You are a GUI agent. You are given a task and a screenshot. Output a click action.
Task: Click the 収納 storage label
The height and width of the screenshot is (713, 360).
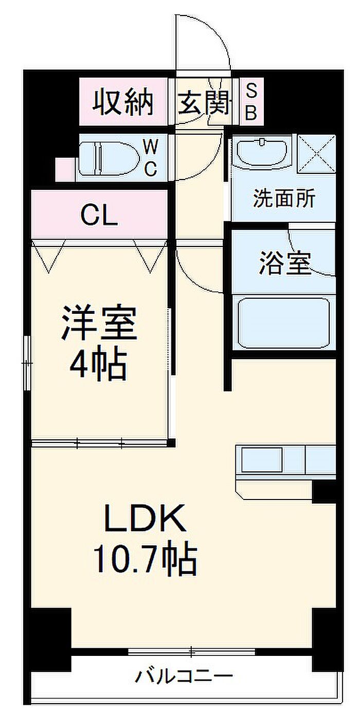click(123, 102)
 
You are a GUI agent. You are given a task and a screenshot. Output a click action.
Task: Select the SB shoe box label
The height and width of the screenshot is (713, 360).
click(250, 102)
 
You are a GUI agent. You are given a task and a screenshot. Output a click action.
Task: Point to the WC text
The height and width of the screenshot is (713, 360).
click(150, 158)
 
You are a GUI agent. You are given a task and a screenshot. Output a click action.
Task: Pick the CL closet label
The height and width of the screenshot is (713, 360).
click(100, 217)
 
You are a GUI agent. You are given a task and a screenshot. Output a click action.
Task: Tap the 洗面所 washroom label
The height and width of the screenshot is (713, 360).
click(283, 199)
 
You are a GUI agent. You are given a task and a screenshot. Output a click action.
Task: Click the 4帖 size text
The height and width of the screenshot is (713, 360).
click(99, 364)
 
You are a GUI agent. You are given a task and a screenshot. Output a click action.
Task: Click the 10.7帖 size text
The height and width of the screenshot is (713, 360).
click(145, 559)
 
